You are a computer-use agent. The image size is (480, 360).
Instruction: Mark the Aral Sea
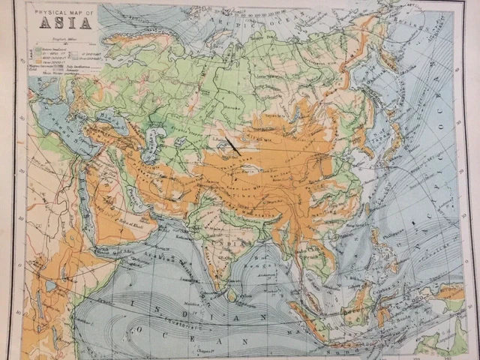(157, 136)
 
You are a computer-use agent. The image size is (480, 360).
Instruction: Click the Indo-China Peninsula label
(315, 247)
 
